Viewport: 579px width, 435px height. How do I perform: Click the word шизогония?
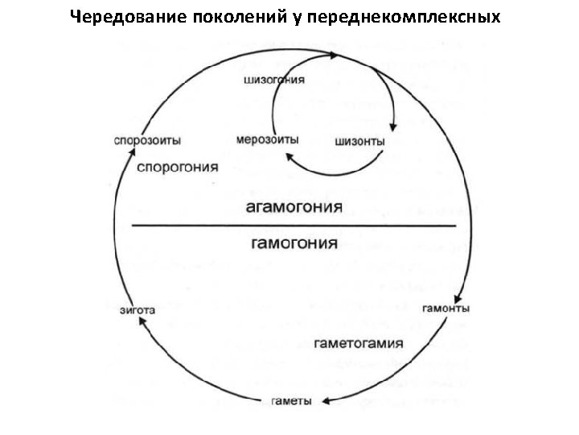pyautogui.click(x=273, y=80)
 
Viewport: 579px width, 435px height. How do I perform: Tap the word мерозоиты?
pyautogui.click(x=268, y=139)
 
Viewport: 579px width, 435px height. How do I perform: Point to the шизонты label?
pyautogui.click(x=359, y=142)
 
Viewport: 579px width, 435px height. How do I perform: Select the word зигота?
pyautogui.click(x=137, y=309)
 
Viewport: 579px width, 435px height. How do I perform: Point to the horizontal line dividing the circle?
pyautogui.click(x=294, y=226)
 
